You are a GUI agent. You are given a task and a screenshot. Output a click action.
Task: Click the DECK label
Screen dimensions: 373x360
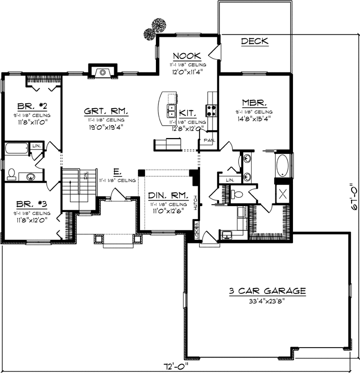pyautogui.click(x=254, y=41)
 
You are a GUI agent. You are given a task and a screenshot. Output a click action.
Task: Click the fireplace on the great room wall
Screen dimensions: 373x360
pyautogui.click(x=102, y=73)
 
